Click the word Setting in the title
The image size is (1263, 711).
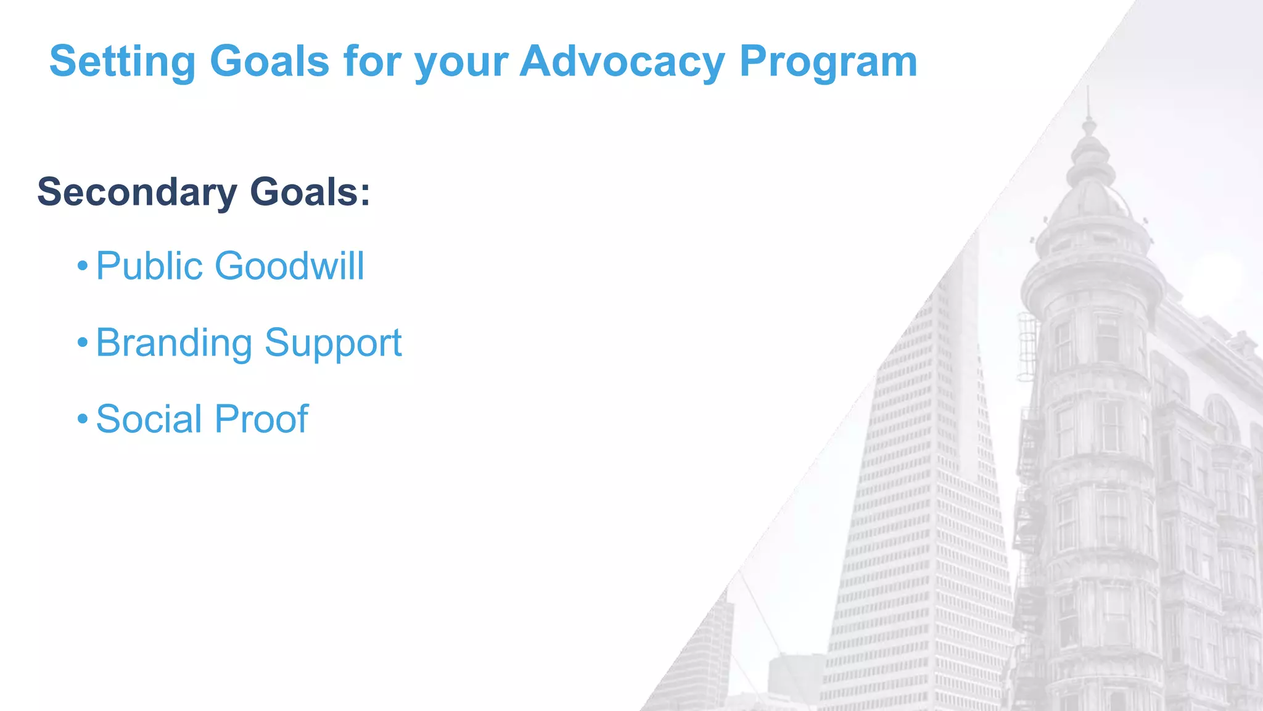(x=122, y=62)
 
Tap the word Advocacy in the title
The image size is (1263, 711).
(x=622, y=62)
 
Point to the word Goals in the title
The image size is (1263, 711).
(x=269, y=62)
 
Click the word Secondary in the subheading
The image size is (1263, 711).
(x=137, y=192)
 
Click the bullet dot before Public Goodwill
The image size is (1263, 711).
(x=83, y=267)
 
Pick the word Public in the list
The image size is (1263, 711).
(x=149, y=266)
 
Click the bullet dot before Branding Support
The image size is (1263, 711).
(x=83, y=343)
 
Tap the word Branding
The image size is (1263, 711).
(x=174, y=343)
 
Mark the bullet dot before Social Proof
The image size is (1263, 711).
(x=83, y=420)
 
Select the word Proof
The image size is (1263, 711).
(x=261, y=419)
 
